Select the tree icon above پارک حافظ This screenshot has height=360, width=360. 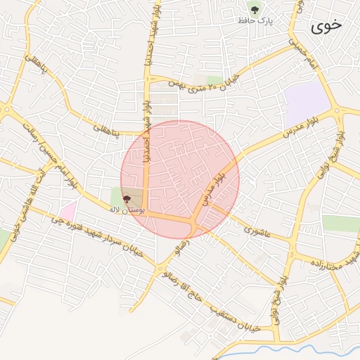pos(254,9)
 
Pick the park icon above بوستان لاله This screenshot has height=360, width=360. pos(127,200)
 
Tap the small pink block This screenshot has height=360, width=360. pos(67,210)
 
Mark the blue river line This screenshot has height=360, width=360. pos(281,349)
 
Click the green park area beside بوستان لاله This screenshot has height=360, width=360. pos(115,197)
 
